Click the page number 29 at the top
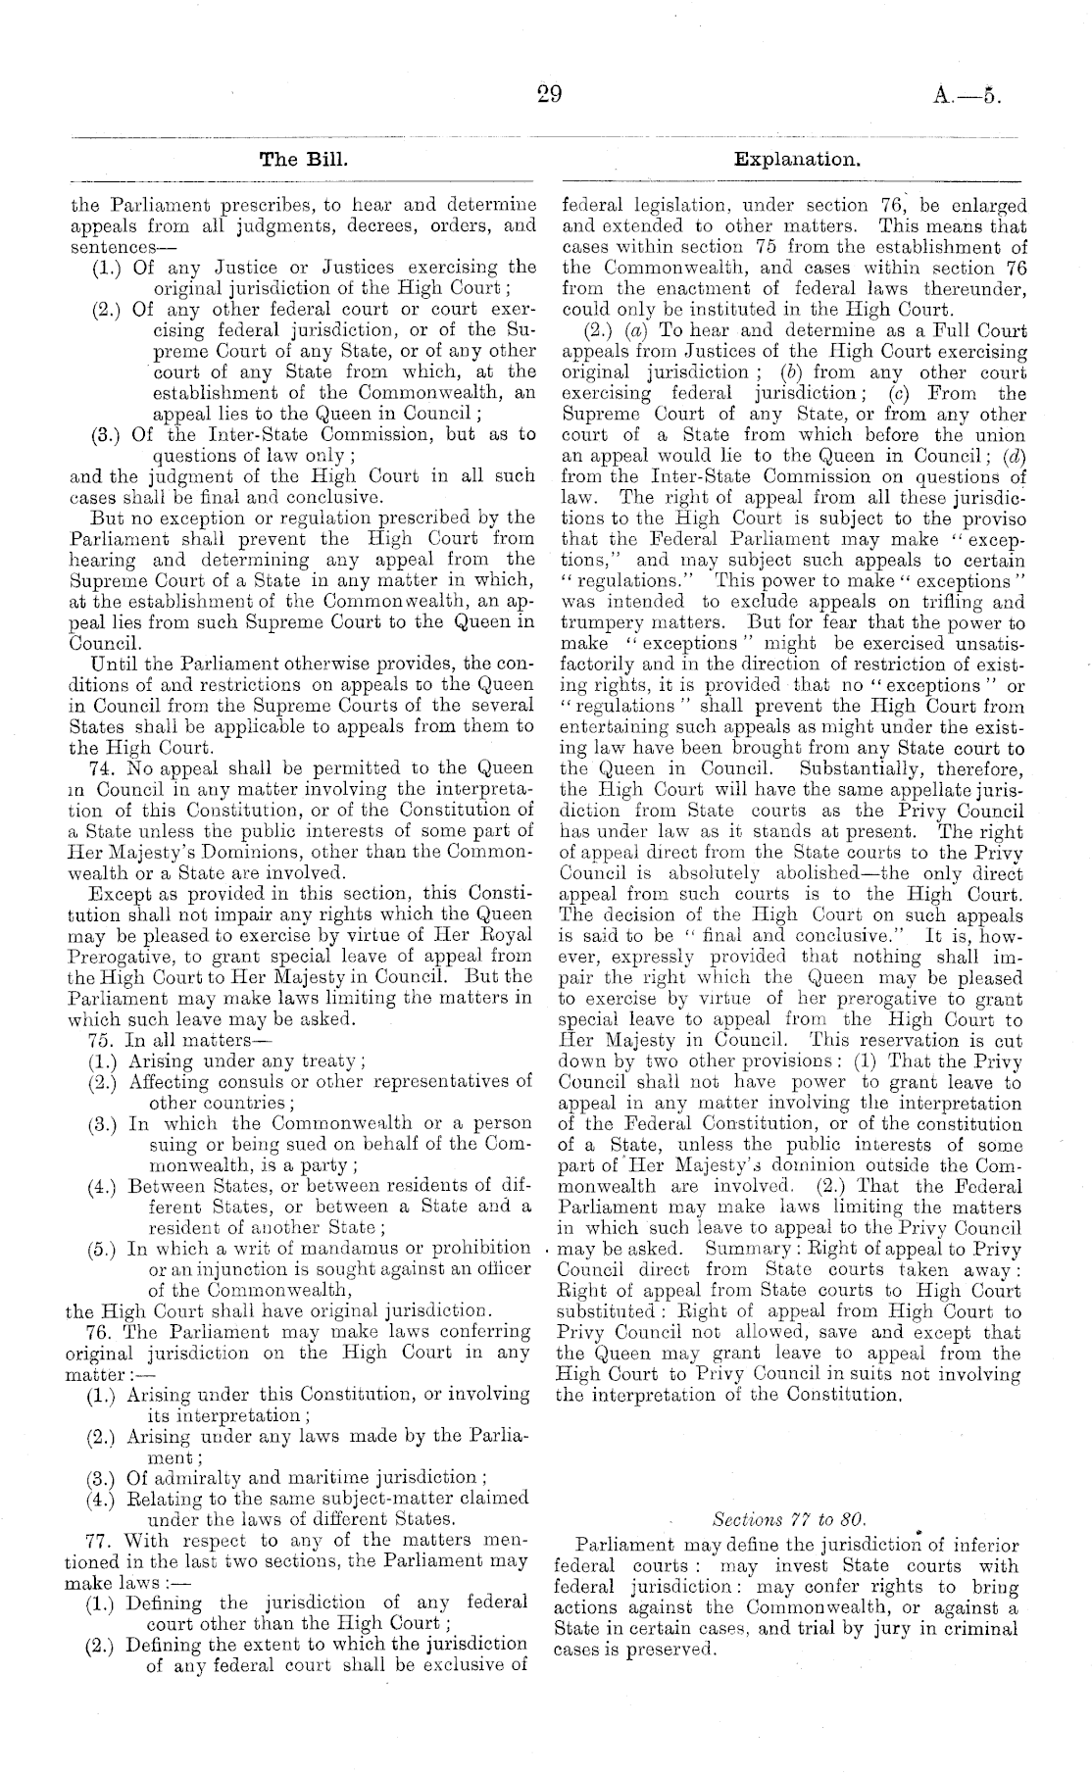click(x=548, y=94)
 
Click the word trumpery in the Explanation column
click(x=597, y=621)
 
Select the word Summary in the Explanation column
click(x=750, y=1249)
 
